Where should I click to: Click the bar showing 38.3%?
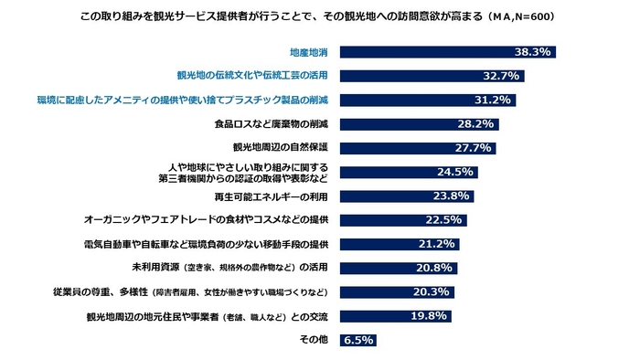point(449,52)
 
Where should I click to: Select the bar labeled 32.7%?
point(433,76)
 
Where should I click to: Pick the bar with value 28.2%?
point(421,123)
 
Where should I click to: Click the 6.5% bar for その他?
point(358,340)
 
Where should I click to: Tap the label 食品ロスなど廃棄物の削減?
point(277,123)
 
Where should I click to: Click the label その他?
point(314,340)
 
